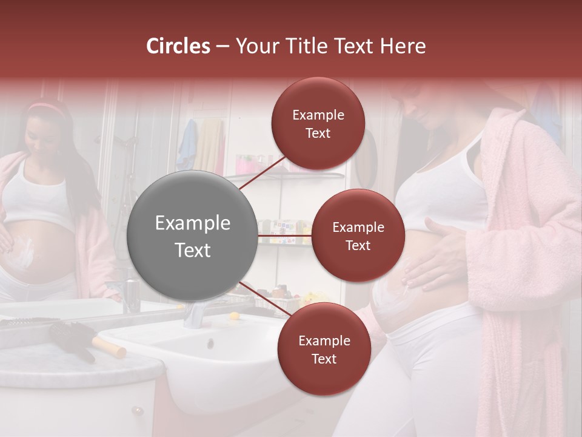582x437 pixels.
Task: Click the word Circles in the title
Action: click(178, 46)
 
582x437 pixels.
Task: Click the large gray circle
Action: click(192, 235)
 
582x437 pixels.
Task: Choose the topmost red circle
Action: click(318, 123)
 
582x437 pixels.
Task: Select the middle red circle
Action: click(358, 235)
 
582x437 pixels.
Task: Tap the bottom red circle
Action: click(324, 349)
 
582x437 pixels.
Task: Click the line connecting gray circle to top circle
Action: click(262, 172)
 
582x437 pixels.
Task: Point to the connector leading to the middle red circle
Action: click(284, 235)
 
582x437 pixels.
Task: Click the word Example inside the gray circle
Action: click(192, 223)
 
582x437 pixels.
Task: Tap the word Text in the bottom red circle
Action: click(324, 359)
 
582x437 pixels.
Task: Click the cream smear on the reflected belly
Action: click(25, 252)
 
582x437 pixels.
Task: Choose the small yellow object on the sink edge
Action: click(233, 316)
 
